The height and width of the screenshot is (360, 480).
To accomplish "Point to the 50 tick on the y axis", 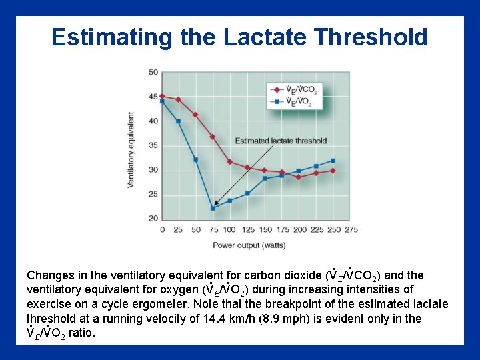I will click(x=153, y=72).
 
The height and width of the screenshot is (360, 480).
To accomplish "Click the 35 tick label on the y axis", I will click(x=153, y=145).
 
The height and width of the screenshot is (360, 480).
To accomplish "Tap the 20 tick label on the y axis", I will click(x=153, y=219).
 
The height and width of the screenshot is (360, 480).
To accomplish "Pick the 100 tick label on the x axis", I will click(x=229, y=230).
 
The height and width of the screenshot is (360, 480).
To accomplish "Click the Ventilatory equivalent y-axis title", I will click(x=131, y=149).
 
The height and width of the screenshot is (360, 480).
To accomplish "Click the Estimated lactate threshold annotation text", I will click(x=281, y=141).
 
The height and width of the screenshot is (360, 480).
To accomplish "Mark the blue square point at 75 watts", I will click(x=213, y=208).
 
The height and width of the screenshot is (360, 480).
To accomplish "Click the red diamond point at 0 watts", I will click(x=162, y=96).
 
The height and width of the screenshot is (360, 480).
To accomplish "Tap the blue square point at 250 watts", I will click(x=333, y=161).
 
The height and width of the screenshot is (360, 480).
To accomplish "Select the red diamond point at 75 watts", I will click(x=213, y=137).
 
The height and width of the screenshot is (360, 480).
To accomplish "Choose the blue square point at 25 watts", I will click(x=179, y=121).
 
